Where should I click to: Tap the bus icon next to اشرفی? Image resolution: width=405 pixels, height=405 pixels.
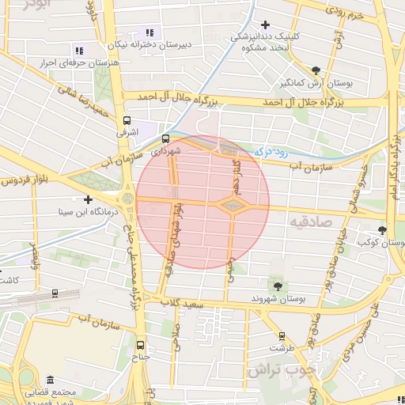(127, 121)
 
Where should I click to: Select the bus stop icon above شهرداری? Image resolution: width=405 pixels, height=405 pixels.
(165, 138)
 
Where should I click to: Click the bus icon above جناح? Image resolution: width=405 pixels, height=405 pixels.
(141, 345)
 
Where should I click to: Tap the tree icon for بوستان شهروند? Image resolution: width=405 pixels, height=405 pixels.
(278, 286)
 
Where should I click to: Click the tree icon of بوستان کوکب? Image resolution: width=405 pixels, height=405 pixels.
(383, 230)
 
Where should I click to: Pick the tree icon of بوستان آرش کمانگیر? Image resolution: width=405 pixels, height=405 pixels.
(316, 70)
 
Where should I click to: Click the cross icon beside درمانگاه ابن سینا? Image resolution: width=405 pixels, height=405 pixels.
(88, 199)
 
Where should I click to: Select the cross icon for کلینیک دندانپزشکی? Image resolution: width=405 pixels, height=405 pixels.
(265, 25)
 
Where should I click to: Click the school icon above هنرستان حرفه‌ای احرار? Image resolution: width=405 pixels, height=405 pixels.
(78, 50)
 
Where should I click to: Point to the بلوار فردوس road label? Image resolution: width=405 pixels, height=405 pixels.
(24, 181)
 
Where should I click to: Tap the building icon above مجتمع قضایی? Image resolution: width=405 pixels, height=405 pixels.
(51, 380)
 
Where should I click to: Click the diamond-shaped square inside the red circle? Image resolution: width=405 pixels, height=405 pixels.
(233, 206)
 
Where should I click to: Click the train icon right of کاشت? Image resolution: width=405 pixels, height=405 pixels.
(54, 293)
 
